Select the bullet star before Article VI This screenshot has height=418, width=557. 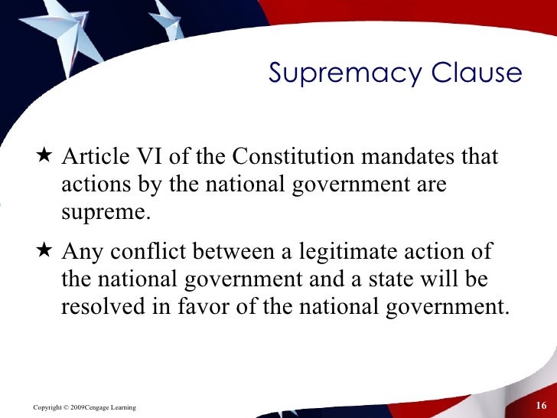pyautogui.click(x=43, y=157)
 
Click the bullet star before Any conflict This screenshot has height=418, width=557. pyautogui.click(x=43, y=251)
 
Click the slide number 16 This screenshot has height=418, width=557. pyautogui.click(x=542, y=405)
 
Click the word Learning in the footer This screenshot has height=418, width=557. pyautogui.click(x=122, y=406)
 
